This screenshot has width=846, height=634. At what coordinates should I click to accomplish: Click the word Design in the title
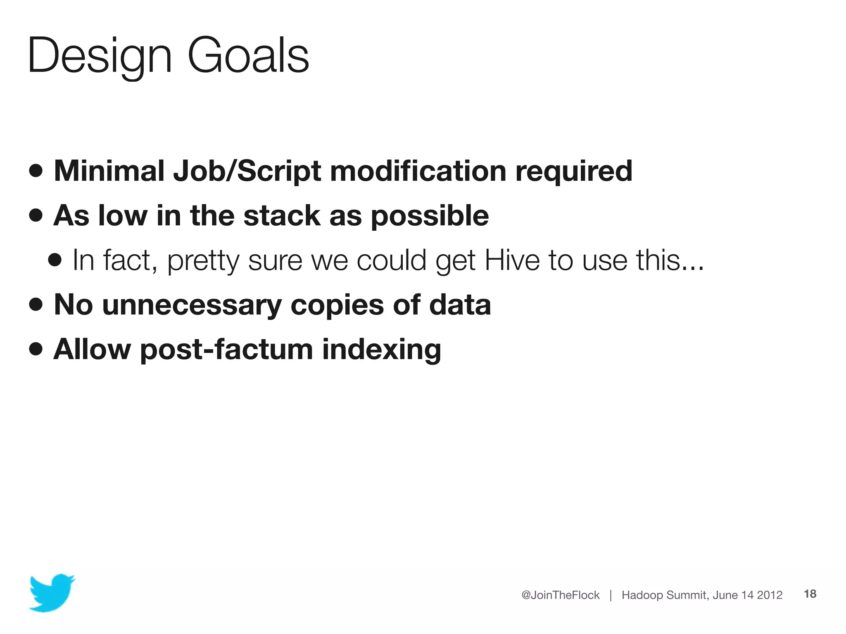coord(99,56)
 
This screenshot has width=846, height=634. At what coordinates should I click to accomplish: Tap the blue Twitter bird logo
coord(52,593)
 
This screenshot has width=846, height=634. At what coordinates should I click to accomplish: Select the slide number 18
coord(810,594)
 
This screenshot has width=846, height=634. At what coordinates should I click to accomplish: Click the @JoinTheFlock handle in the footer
coord(560,595)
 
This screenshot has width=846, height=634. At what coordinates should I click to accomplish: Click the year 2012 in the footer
coord(770,595)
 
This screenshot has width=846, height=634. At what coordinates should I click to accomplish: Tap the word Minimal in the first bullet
coord(109,170)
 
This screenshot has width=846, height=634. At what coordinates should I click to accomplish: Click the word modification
coord(418,170)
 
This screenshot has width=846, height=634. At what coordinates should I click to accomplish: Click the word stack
coord(282,215)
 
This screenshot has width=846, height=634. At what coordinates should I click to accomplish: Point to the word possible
coord(430,216)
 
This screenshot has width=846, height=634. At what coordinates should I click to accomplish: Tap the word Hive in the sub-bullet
coord(512,260)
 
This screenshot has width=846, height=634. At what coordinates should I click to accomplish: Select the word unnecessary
coord(192,305)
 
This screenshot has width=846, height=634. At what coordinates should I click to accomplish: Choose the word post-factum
coord(226,350)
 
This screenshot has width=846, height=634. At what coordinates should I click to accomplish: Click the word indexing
coord(381,350)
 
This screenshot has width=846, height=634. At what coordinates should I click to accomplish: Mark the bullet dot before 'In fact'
coord(55,260)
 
